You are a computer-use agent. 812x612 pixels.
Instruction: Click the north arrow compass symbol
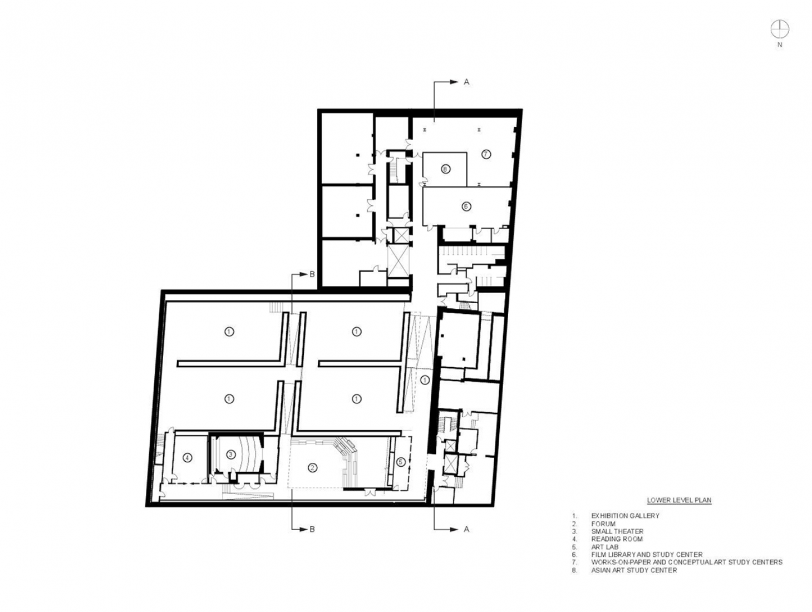coord(780,28)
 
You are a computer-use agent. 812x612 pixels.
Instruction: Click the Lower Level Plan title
coord(678,500)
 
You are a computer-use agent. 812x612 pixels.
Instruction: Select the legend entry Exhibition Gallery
coord(625,516)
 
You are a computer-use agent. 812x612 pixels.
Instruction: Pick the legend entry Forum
coord(603,524)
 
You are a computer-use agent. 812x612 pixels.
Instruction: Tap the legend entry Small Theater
coord(617,531)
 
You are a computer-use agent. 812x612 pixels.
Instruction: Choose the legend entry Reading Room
coord(617,539)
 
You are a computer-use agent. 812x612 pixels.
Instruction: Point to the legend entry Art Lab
coord(605,547)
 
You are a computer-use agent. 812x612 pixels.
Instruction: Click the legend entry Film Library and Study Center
coord(647,555)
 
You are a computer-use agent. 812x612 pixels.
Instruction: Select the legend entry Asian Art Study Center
coord(634,570)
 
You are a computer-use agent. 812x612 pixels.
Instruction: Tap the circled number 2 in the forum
coord(312,468)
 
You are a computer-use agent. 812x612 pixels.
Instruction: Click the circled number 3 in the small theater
coord(230,455)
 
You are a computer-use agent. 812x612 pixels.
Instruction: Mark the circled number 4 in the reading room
coord(188,458)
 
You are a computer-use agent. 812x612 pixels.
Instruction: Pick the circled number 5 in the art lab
coord(401,462)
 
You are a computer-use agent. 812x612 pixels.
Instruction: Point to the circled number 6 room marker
coord(466,206)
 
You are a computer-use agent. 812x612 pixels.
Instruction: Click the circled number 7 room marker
coord(485,154)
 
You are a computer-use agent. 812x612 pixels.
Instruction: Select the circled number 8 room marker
coord(445,169)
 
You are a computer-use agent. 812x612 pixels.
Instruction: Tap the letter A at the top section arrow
coord(466,82)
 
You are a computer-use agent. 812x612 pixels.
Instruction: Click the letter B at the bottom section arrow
coord(312,529)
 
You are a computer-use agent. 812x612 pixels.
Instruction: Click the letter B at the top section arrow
coord(312,274)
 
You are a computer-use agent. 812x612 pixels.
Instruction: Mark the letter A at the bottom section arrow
coord(466,529)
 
